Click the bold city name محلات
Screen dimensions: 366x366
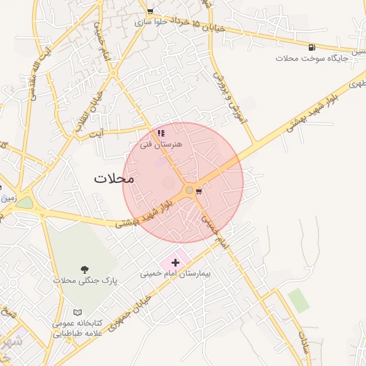(114, 179)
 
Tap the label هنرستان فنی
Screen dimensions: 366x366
(162, 144)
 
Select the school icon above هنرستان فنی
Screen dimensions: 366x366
(162, 133)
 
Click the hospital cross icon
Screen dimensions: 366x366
(175, 263)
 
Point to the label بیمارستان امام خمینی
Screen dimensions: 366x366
(175, 274)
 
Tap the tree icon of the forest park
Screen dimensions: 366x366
(86, 269)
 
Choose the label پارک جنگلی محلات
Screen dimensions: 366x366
(85, 281)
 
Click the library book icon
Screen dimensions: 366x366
(78, 312)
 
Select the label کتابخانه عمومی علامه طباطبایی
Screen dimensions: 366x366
(78, 329)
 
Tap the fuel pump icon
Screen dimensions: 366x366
(312, 47)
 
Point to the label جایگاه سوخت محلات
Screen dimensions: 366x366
(312, 58)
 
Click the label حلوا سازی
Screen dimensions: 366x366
(151, 23)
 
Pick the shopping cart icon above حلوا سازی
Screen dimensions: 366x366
(150, 11)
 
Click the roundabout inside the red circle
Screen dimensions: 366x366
(189, 190)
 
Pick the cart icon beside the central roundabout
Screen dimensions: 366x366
(199, 191)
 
